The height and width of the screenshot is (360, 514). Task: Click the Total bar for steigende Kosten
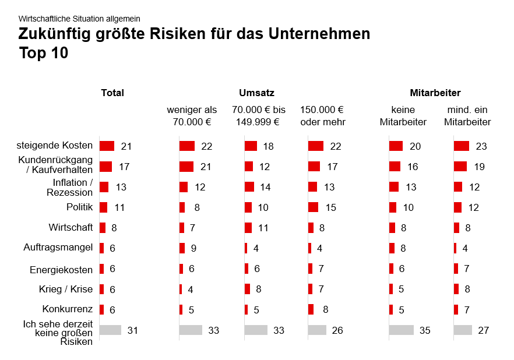107,146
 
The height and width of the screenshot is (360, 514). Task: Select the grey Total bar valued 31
110,330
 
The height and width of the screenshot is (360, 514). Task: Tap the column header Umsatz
256,93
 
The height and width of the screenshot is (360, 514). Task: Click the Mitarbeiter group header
435,93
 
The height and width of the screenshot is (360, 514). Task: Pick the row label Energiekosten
61,270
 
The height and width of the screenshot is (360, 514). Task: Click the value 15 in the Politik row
330,207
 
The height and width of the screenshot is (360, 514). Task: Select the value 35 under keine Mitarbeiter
424,330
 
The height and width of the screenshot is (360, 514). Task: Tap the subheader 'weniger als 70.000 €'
192,116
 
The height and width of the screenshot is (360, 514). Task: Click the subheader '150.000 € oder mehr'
323,116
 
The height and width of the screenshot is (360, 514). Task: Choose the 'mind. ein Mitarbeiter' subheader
467,116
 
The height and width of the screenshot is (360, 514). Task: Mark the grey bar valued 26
317,330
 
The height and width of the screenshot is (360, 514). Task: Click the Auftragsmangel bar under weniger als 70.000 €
182,248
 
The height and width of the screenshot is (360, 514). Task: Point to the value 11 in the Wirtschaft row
263,228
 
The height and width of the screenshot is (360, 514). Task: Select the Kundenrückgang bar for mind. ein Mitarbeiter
460,167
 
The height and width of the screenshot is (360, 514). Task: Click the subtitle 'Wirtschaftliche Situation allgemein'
79,19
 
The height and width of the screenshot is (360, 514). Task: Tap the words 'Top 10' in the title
44,54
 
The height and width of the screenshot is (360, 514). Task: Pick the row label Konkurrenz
68,309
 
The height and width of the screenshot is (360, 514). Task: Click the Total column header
112,93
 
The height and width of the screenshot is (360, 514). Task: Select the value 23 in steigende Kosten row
481,146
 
